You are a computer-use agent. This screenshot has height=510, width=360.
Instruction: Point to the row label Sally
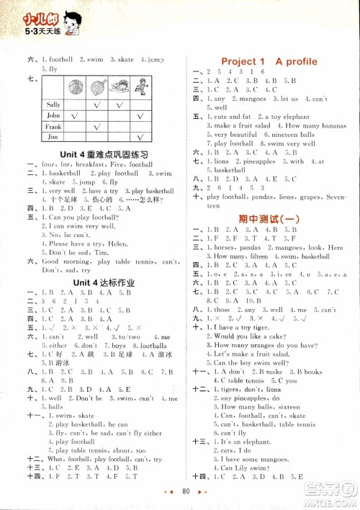pos(53,104)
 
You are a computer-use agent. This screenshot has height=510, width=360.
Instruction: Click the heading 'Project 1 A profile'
pos(269,61)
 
